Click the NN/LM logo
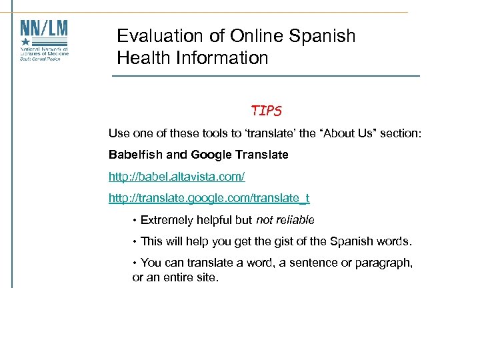tap(44, 40)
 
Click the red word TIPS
tap(266, 110)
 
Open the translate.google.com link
tap(209, 198)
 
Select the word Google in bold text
tap(209, 155)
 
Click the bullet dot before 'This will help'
tap(135, 242)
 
